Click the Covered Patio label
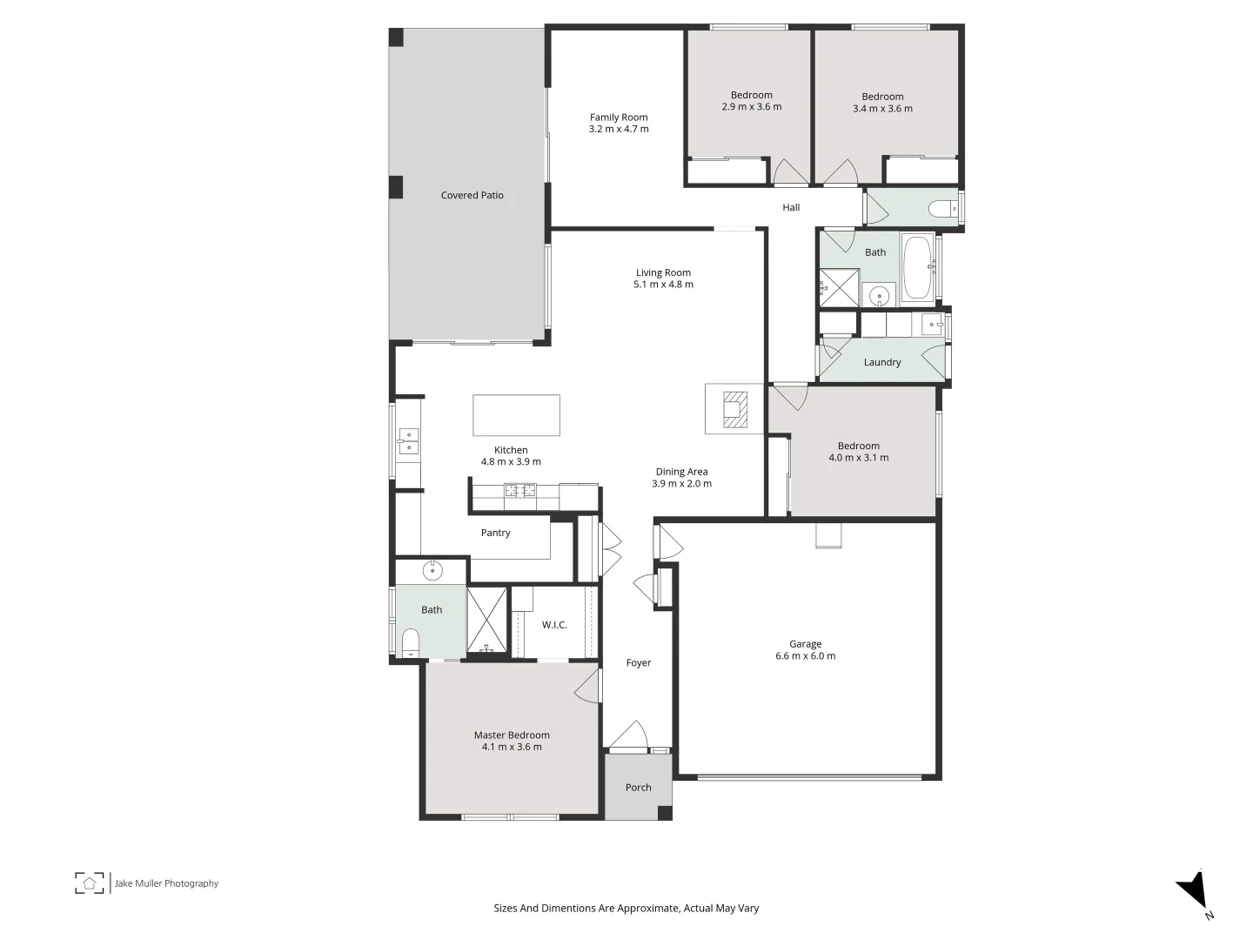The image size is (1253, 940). point(472,196)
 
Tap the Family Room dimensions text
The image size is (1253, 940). point(619,130)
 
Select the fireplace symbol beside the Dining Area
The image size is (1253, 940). point(735,409)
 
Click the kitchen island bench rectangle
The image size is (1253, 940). point(516,415)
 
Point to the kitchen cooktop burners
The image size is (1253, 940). point(520,491)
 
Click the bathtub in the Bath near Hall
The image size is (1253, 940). point(918,267)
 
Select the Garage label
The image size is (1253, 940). point(805,644)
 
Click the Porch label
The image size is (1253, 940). point(638,788)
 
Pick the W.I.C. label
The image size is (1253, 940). point(554,625)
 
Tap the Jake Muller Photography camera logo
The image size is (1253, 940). point(89,883)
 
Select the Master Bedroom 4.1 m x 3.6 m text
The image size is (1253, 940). point(512,742)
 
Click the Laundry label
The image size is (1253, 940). point(882,363)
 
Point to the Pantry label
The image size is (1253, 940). point(496,534)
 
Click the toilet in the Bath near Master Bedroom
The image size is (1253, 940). point(411,643)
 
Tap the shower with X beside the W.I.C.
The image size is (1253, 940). point(487,621)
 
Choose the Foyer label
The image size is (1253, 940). point(638,663)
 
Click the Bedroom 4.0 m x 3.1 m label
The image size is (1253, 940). point(859,452)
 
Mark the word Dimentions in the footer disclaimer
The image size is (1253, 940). point(566,909)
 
